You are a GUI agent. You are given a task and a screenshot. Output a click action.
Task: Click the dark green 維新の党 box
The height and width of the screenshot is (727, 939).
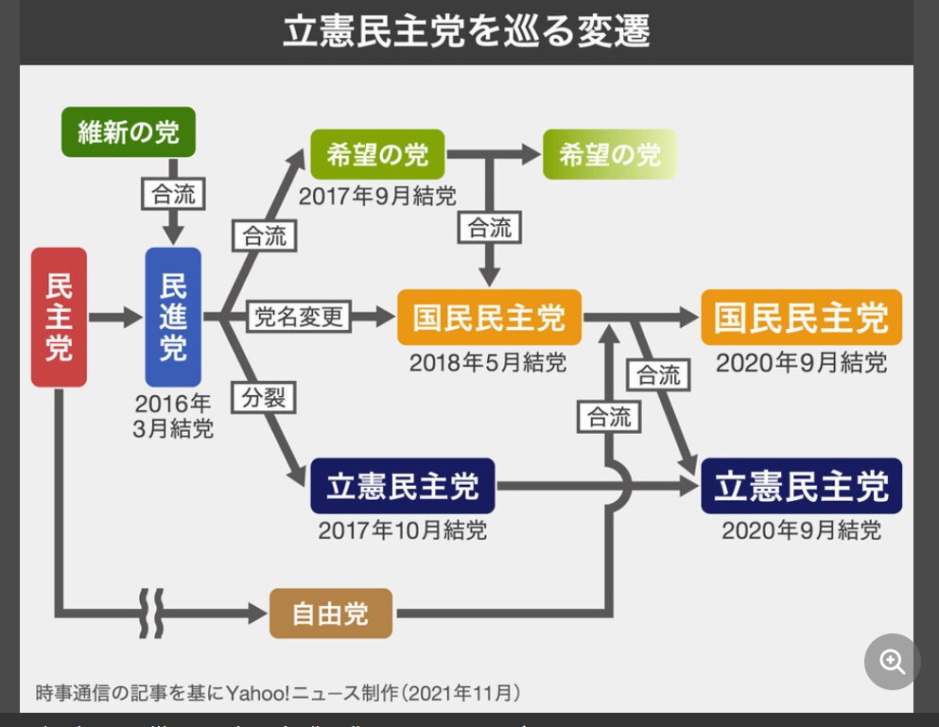point(128,132)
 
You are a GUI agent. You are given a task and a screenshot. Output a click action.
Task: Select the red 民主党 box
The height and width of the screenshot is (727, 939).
point(59,318)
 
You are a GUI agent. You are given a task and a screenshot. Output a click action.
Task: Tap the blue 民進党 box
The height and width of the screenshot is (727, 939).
point(173,318)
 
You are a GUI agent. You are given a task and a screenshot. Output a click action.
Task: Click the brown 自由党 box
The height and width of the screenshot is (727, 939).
point(330,614)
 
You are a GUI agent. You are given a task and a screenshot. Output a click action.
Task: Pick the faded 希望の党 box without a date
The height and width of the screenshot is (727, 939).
point(610,154)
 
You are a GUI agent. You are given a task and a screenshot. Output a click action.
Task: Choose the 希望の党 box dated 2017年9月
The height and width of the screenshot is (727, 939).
point(377,154)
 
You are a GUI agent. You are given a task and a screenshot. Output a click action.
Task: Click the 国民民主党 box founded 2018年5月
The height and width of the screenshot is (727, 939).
point(489,318)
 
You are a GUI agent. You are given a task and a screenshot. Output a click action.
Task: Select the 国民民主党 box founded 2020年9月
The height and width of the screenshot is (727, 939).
point(801,318)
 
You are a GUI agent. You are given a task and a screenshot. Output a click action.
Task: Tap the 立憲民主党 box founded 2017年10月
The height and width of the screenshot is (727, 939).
point(402,486)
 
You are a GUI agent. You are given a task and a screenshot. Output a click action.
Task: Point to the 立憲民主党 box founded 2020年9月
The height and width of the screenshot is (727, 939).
point(801,486)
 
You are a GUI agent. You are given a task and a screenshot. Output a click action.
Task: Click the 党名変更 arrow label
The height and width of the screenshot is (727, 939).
point(298,317)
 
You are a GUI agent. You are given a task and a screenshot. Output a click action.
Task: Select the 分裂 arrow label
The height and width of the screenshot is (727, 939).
point(264,398)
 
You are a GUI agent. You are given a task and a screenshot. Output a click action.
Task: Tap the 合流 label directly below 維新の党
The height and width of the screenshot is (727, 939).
point(173,194)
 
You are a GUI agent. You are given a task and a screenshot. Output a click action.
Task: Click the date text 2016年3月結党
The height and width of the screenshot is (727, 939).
point(173,416)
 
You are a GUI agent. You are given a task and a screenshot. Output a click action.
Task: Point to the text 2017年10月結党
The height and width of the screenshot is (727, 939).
point(402,530)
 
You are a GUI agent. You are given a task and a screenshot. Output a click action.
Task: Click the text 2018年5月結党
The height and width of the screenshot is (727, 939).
point(488,362)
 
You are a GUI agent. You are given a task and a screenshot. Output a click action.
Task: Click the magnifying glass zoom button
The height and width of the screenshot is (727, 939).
point(892,662)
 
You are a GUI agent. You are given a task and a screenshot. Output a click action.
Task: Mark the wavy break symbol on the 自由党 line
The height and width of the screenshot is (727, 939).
point(151,614)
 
